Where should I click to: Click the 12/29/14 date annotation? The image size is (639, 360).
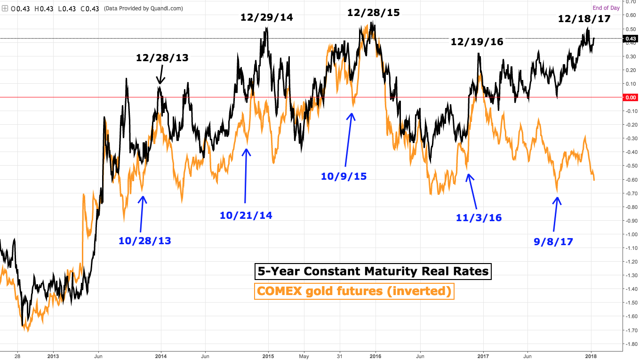pyautogui.click(x=266, y=17)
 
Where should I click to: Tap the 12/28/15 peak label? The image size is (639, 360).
pyautogui.click(x=373, y=13)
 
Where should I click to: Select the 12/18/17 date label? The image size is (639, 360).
pyautogui.click(x=584, y=19)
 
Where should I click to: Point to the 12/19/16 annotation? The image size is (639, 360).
pyautogui.click(x=477, y=42)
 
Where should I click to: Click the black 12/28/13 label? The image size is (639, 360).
pyautogui.click(x=162, y=58)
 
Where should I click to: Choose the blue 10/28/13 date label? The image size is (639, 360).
pyautogui.click(x=145, y=241)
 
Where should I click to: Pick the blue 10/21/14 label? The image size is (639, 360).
pyautogui.click(x=246, y=216)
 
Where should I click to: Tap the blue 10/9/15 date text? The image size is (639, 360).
pyautogui.click(x=343, y=176)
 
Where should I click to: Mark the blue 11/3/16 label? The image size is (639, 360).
pyautogui.click(x=479, y=217)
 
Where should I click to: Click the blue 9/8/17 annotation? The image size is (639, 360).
pyautogui.click(x=553, y=242)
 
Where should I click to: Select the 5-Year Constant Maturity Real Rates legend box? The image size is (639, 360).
pyautogui.click(x=373, y=271)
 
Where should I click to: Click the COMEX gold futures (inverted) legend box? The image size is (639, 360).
pyautogui.click(x=354, y=291)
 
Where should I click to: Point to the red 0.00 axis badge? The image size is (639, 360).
pyautogui.click(x=629, y=97)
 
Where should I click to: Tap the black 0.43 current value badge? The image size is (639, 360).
pyautogui.click(x=629, y=39)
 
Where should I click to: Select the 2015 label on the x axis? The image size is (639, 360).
pyautogui.click(x=268, y=356)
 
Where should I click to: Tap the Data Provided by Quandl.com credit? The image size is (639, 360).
pyautogui.click(x=143, y=8)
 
